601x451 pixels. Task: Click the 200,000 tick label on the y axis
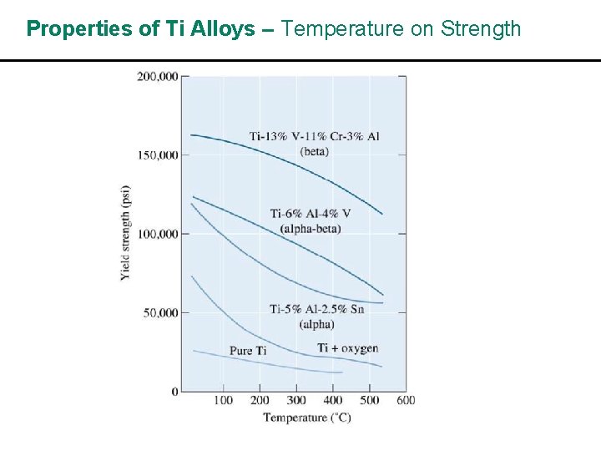157,76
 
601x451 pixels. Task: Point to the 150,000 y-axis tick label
157,155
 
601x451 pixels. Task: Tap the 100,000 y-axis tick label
157,234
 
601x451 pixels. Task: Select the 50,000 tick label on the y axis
159,312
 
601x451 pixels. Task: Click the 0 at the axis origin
174,392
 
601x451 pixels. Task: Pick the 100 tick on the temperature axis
223,400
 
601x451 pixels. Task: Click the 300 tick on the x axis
296,400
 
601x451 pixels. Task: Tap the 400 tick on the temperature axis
333,400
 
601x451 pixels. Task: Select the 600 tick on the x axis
406,400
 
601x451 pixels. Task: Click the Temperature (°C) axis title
306,417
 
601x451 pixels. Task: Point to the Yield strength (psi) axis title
125,232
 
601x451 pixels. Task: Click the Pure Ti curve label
248,351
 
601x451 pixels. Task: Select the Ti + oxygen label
347,347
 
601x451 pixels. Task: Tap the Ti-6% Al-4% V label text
310,214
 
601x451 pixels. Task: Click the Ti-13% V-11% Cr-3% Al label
314,136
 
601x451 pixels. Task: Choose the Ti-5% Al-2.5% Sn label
316,309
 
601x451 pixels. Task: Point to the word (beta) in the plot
315,151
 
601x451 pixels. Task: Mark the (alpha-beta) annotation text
311,229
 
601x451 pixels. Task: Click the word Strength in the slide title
481,29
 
